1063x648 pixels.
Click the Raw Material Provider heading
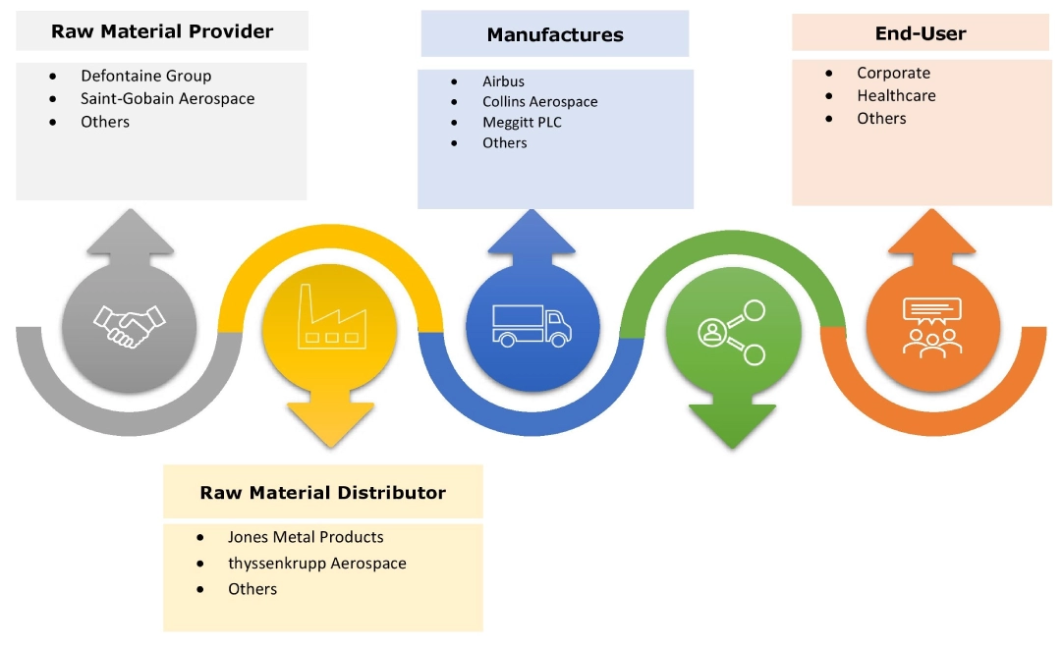point(162,30)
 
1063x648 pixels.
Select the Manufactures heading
point(555,35)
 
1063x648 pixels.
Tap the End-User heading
point(921,33)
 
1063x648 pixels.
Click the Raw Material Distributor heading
point(322,492)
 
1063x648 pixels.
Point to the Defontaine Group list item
point(145,76)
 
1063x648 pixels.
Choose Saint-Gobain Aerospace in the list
point(167,98)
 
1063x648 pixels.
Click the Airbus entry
point(503,81)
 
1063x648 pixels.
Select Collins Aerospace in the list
point(539,102)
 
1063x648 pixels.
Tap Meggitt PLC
point(522,123)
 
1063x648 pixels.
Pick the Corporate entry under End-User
point(893,73)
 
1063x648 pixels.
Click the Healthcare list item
point(896,95)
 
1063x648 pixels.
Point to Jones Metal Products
point(306,537)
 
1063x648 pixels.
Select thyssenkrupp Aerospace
point(316,564)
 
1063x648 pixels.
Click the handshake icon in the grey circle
point(130,323)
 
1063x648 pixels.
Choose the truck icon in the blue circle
point(531,325)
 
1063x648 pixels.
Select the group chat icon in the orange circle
point(931,325)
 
